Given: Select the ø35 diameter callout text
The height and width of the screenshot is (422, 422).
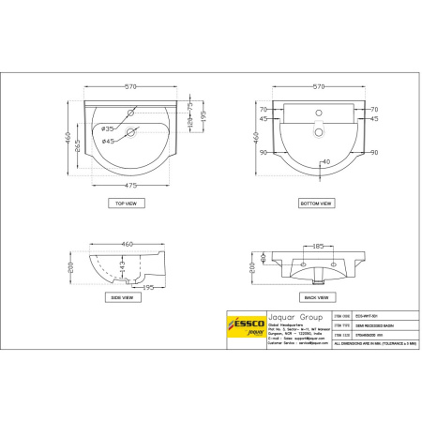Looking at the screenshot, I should (107, 128).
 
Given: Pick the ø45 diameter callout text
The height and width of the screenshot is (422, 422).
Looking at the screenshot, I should (107, 141).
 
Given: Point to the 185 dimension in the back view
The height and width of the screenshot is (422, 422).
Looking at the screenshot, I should (319, 246).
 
